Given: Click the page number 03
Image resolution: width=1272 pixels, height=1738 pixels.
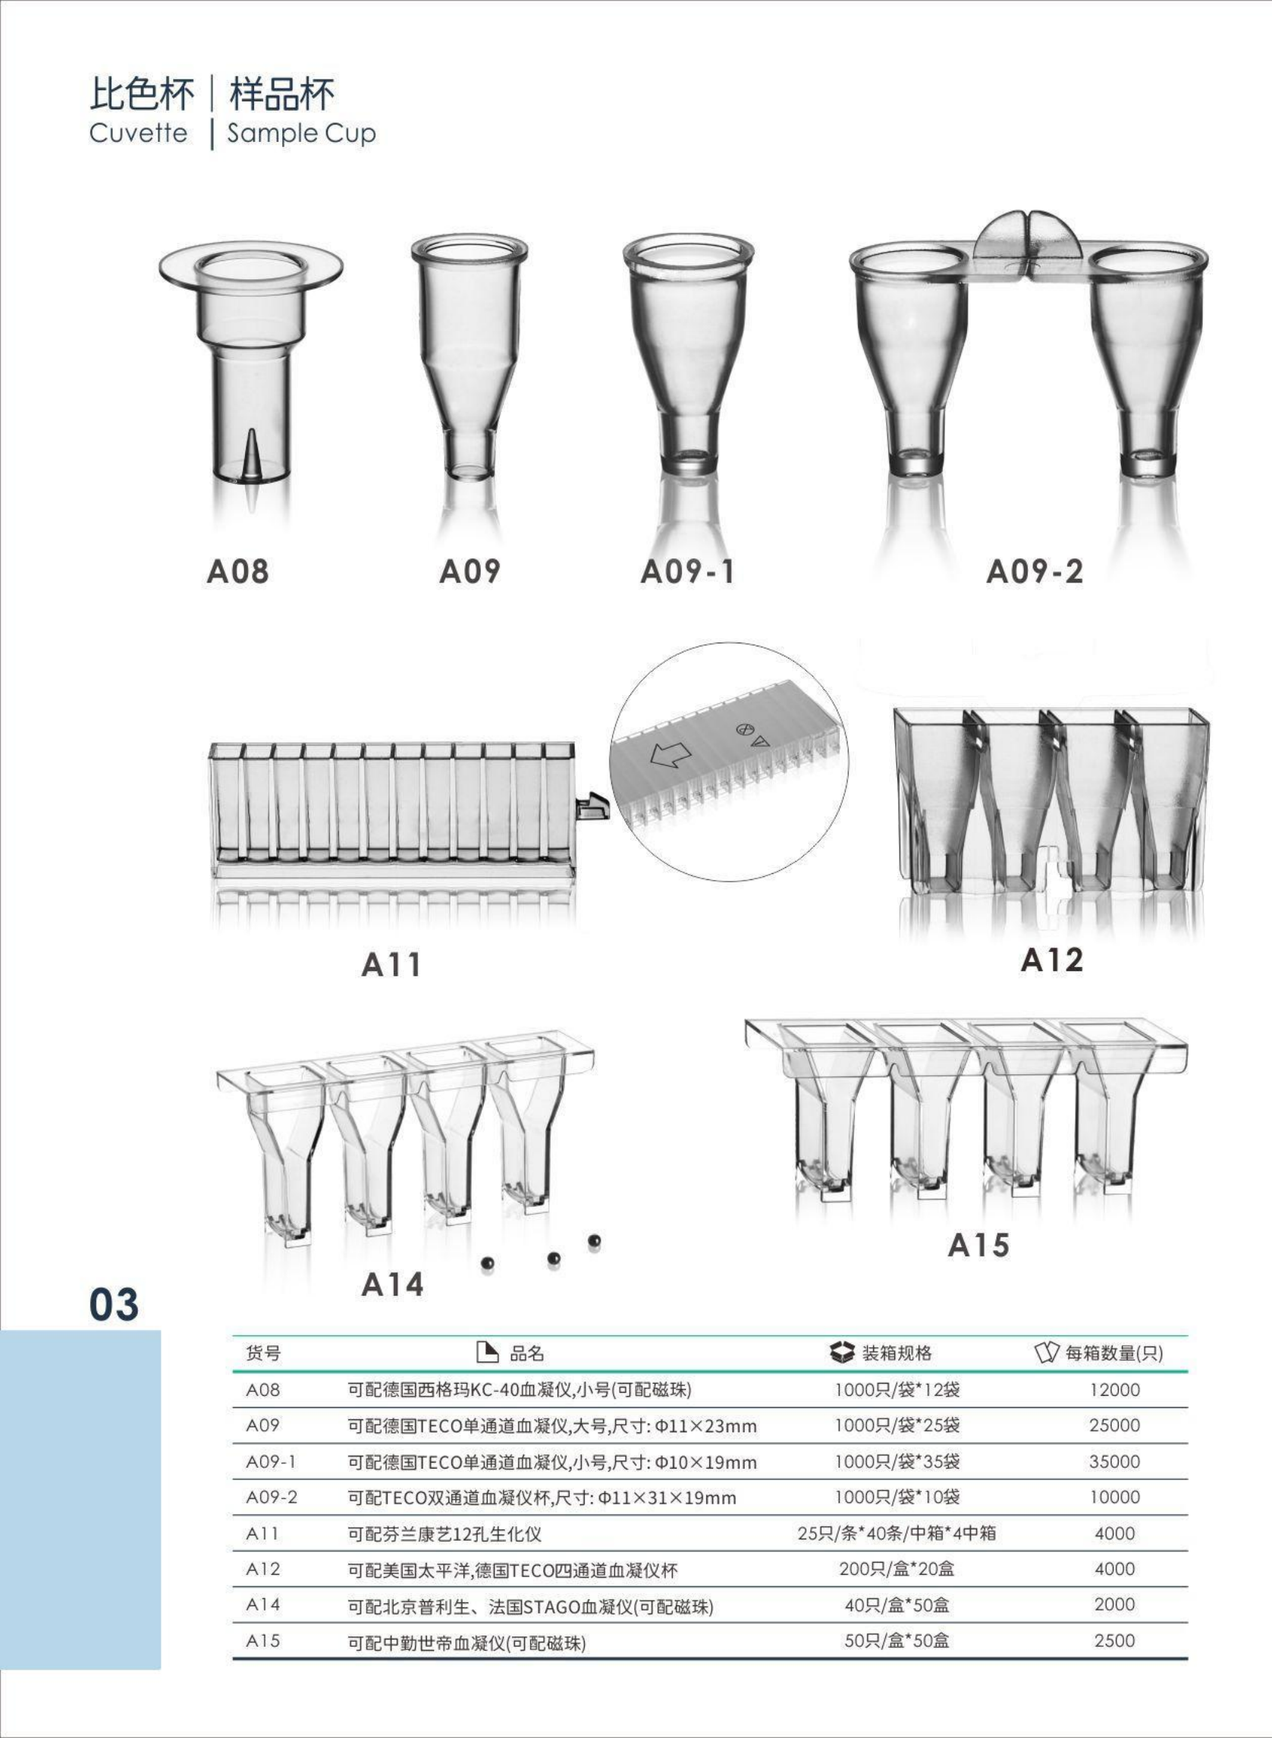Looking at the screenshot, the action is [114, 1305].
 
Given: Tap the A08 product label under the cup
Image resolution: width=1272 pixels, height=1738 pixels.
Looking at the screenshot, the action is [238, 571].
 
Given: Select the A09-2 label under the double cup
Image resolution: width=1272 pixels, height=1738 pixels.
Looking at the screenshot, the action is [1034, 571].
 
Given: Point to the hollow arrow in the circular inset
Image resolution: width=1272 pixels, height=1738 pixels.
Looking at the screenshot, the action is [671, 755].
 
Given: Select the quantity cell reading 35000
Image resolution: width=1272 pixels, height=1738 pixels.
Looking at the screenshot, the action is [1114, 1461].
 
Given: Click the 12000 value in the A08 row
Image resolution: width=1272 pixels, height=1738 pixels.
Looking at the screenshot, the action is [1114, 1389].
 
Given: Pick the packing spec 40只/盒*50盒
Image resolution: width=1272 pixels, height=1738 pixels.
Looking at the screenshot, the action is [897, 1604].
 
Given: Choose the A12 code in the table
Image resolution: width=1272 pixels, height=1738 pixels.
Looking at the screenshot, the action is [262, 1569].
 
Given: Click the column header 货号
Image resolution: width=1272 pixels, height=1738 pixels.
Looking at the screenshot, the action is [263, 1353].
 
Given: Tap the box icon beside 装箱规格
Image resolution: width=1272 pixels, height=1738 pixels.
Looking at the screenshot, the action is [843, 1351].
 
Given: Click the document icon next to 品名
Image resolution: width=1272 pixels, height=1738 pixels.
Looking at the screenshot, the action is [487, 1351].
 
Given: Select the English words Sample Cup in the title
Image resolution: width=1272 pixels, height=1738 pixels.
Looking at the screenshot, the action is [301, 134].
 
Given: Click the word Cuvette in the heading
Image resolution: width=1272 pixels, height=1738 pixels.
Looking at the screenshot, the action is [139, 133].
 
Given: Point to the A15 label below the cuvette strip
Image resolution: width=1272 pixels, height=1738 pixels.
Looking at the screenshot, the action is [978, 1245].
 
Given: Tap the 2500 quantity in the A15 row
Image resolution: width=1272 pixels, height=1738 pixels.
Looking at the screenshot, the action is [1114, 1640].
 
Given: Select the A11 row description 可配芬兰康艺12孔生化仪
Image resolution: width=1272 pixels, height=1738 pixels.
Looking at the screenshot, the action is [444, 1534].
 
